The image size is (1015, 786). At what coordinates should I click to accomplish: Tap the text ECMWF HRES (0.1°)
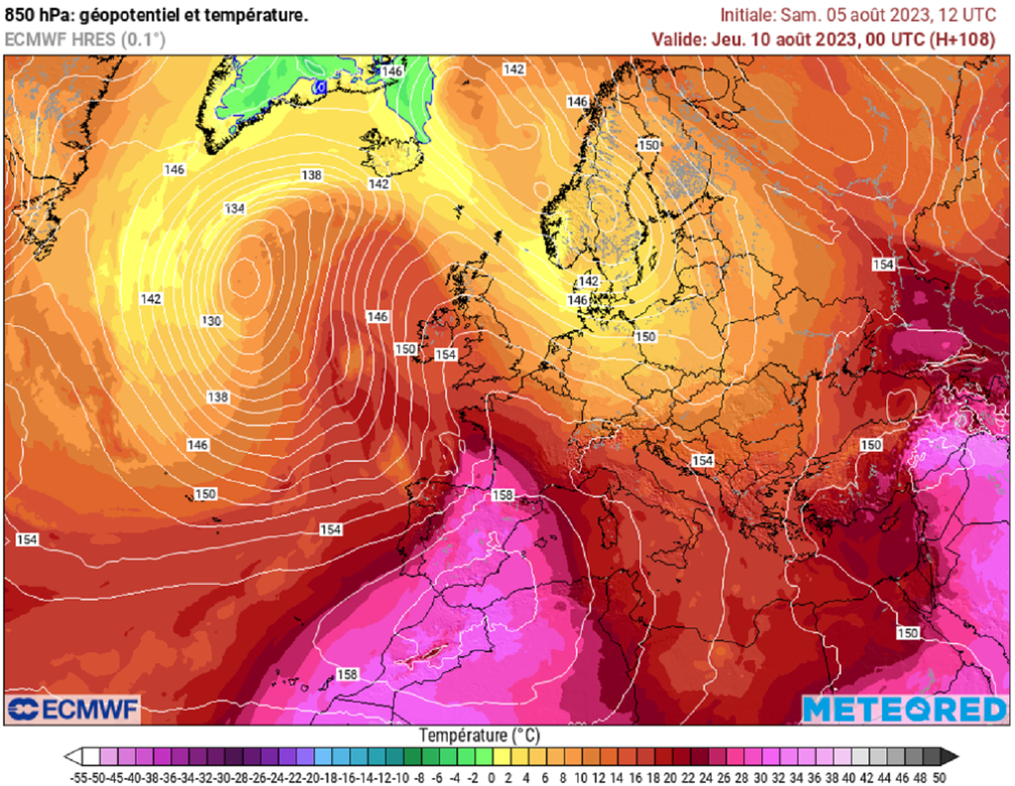pyautogui.click(x=85, y=40)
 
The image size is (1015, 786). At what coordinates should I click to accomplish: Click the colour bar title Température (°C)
pyautogui.click(x=479, y=735)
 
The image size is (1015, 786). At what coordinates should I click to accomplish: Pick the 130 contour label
pyautogui.click(x=211, y=321)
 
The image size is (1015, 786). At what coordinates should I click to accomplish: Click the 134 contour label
pyautogui.click(x=235, y=208)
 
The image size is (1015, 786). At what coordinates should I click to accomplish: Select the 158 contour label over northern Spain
pyautogui.click(x=503, y=495)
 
